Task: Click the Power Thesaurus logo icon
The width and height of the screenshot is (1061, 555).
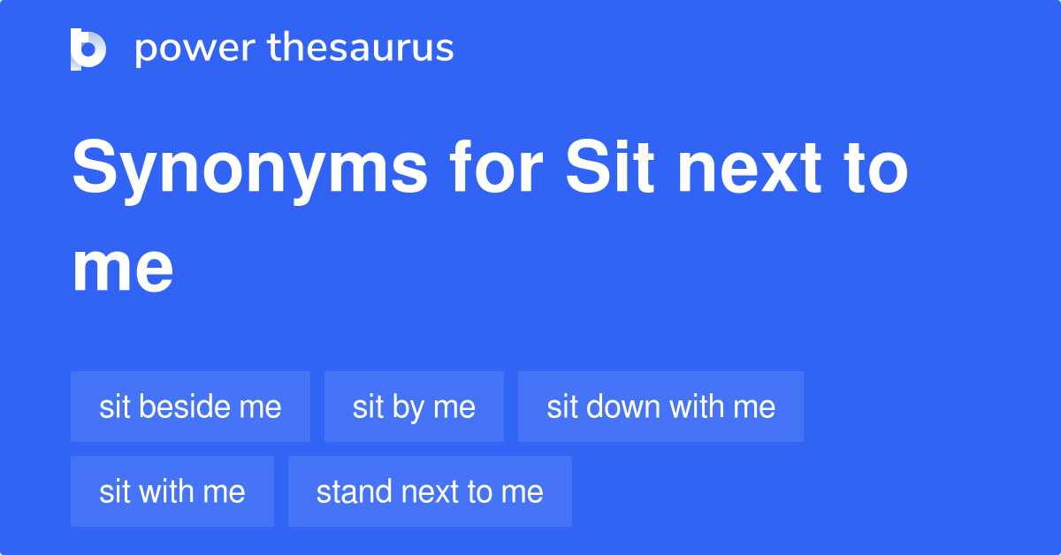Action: (88, 49)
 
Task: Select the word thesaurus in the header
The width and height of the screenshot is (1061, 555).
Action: (361, 49)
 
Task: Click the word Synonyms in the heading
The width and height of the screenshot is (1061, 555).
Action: (249, 172)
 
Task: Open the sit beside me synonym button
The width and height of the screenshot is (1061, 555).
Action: (190, 407)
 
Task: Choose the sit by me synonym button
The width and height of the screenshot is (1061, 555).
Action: (414, 407)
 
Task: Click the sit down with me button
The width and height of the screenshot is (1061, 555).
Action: (660, 407)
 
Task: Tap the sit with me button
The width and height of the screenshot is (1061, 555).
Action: (172, 491)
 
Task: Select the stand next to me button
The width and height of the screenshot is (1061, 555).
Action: (430, 491)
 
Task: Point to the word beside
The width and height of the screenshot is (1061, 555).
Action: (182, 407)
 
